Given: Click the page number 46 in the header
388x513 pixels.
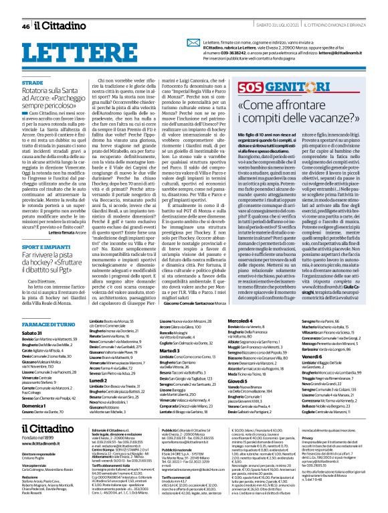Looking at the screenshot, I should (25, 25).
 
